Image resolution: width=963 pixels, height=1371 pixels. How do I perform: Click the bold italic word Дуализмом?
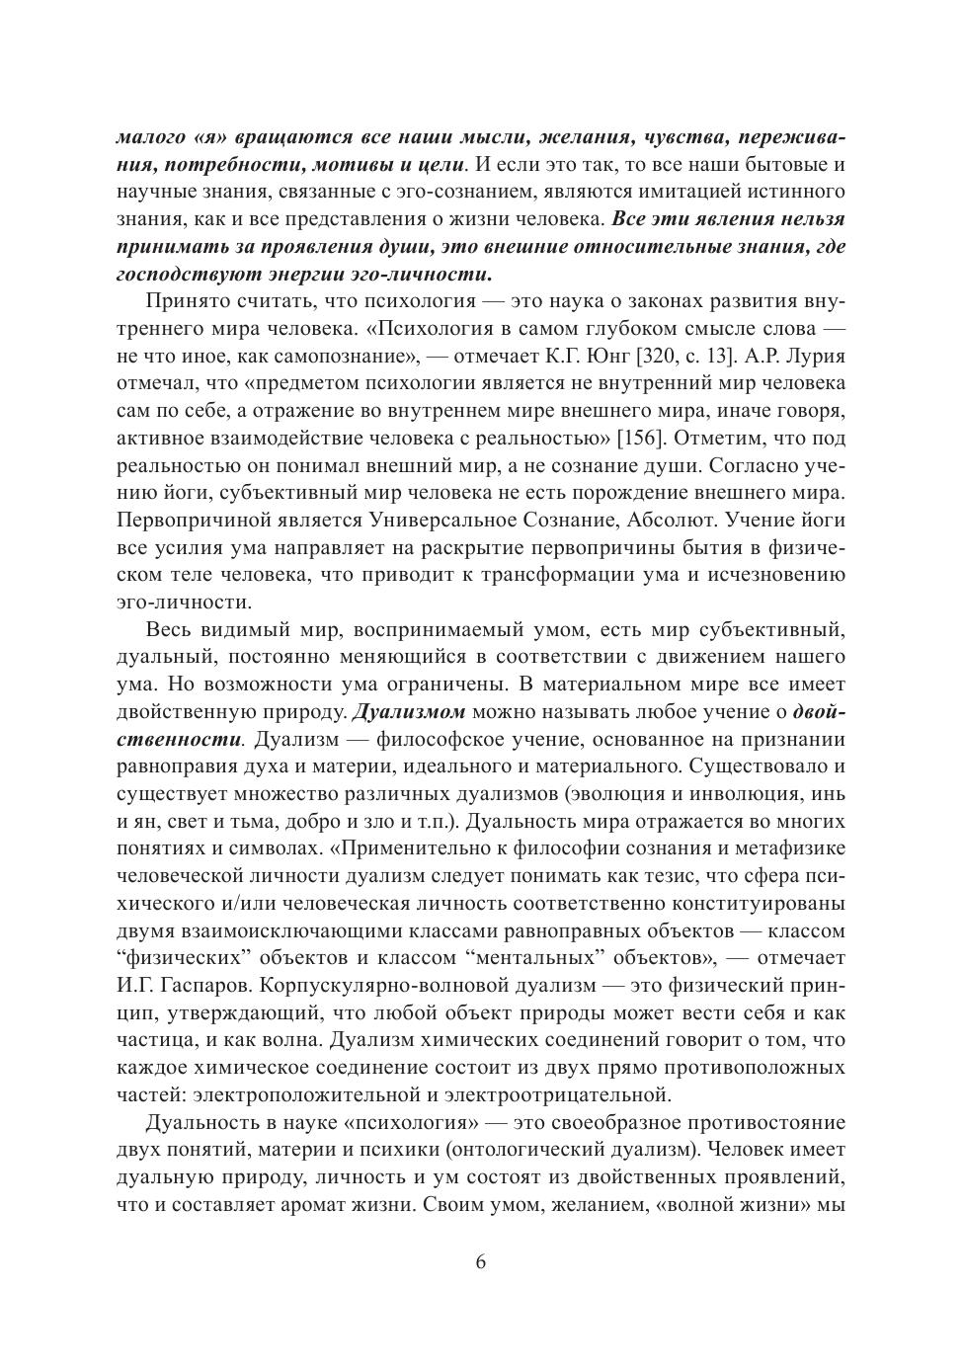click(409, 712)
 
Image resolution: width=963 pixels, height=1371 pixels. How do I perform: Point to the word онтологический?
click(549, 1150)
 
